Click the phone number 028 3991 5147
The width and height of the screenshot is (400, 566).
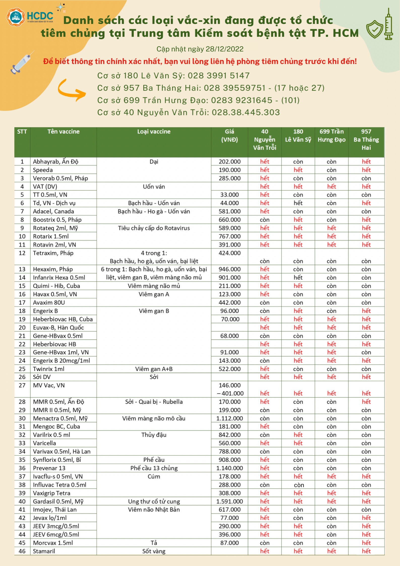[219, 75]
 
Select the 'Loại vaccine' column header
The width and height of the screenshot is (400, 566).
[154, 131]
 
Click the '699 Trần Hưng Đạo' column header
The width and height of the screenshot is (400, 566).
[331, 135]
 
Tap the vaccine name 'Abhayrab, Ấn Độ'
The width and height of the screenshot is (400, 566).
[55, 162]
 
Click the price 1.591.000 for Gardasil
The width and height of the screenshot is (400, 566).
[229, 501]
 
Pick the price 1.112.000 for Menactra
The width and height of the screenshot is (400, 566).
[229, 418]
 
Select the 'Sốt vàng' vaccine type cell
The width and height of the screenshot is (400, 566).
[154, 551]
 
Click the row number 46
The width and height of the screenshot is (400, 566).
[22, 551]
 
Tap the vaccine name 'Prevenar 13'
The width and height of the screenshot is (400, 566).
[49, 468]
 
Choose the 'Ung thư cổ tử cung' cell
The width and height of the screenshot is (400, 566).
[154, 501]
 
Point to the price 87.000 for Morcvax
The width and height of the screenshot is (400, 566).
[229, 543]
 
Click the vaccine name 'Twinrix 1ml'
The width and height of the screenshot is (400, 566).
[49, 369]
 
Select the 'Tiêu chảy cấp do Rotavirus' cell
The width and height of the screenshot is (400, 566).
[154, 228]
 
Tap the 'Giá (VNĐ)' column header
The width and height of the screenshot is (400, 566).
[229, 135]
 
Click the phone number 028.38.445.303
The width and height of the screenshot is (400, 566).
[246, 112]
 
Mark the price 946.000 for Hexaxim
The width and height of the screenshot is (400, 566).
[229, 269]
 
